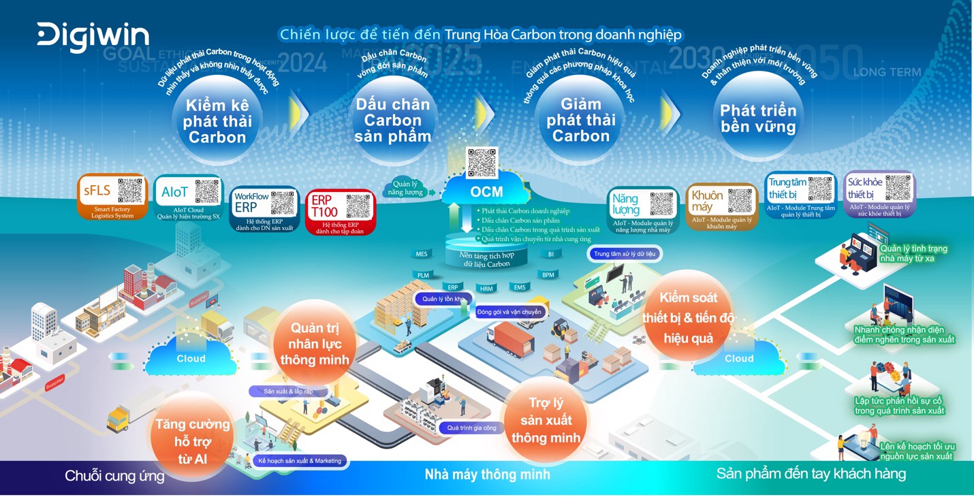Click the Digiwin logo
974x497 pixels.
pos(93,37)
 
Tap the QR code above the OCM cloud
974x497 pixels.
pos(482,162)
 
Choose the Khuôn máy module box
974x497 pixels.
pos(721,206)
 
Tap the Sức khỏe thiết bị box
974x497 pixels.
pos(879,193)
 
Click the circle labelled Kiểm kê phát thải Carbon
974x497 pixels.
pos(217,121)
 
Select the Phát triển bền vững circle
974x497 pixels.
pos(758,118)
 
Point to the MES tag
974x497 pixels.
pos(422,254)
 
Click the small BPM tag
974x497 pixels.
pos(548,275)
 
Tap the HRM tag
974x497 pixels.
pos(486,289)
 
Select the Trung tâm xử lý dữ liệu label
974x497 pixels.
pos(624,254)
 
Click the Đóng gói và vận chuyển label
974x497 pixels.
pos(509,312)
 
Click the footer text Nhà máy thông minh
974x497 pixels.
pos(487,474)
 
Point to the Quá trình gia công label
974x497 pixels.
pos(471,428)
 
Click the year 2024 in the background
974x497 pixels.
pos(302,63)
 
